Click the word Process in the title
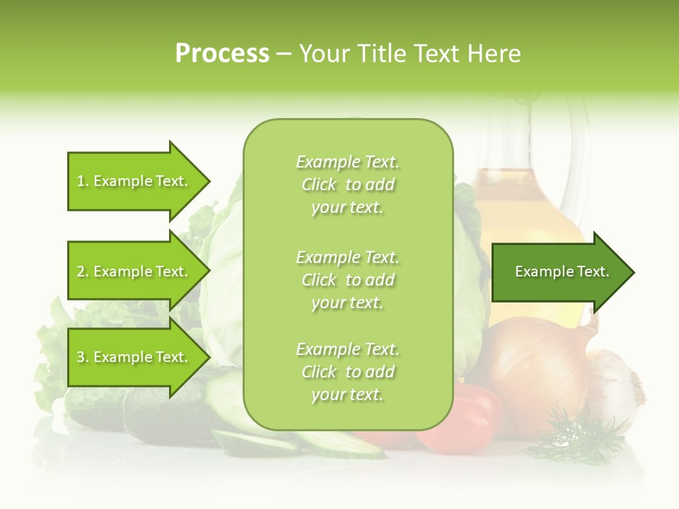[222, 54]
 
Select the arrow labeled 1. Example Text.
[134, 181]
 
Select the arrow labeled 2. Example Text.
[134, 271]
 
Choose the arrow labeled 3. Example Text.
[134, 358]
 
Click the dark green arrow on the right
[559, 272]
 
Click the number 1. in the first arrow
[82, 181]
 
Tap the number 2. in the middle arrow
[82, 271]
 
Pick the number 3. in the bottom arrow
[82, 358]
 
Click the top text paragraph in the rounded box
[347, 185]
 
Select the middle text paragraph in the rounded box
[347, 280]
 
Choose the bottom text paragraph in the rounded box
[347, 372]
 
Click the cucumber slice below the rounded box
[339, 444]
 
